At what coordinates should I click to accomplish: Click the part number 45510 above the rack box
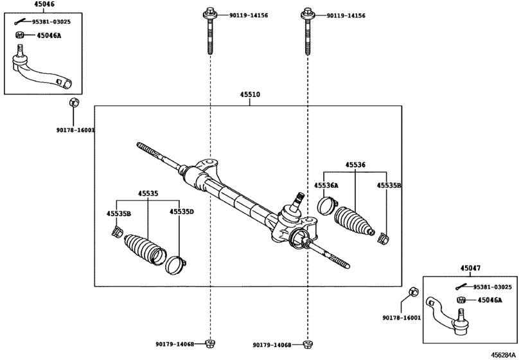[x=250, y=94]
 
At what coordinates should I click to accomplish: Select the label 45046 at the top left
[x=44, y=4]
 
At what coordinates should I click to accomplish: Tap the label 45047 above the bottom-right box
[x=470, y=268]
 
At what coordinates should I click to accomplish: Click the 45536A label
[x=326, y=185]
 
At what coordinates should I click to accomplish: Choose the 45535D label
[x=181, y=212]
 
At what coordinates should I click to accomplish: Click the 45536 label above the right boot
[x=355, y=165]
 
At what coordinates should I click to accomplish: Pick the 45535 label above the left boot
[x=148, y=194]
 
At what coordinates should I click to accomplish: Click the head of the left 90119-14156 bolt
[x=210, y=14]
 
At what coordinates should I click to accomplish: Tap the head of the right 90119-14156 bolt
[x=308, y=14]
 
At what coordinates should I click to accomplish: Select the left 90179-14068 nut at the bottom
[x=209, y=343]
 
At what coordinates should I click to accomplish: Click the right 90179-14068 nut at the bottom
[x=308, y=344]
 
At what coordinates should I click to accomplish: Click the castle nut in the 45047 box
[x=461, y=300]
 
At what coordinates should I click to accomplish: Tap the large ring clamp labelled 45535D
[x=175, y=265]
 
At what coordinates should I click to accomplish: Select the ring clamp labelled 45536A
[x=327, y=206]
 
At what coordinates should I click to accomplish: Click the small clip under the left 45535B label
[x=117, y=231]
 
